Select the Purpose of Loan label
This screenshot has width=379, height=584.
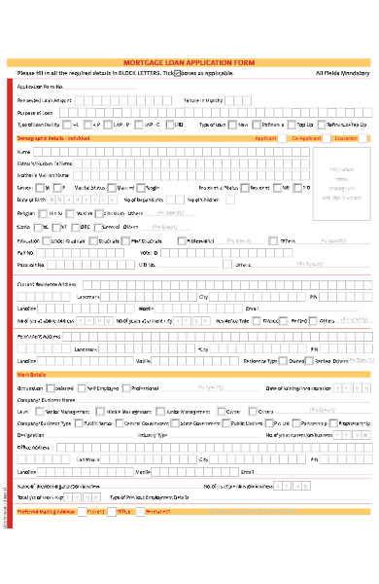tap(36, 112)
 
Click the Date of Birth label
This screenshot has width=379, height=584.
tap(31, 199)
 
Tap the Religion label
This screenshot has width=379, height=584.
tap(28, 212)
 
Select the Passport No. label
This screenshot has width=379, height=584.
tap(31, 264)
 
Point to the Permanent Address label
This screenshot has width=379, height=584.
tap(39, 334)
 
